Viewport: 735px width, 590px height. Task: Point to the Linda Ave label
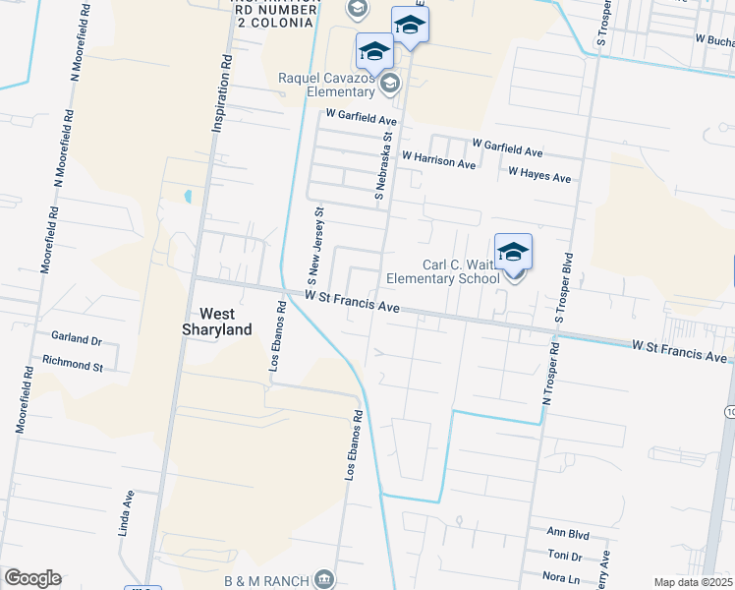pyautogui.click(x=127, y=509)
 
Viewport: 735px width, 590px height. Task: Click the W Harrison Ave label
pyautogui.click(x=438, y=160)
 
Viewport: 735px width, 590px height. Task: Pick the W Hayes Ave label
pyautogui.click(x=539, y=176)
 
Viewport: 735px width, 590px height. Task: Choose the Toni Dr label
pyautogui.click(x=565, y=555)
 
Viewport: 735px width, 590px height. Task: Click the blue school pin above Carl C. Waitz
pyautogui.click(x=513, y=254)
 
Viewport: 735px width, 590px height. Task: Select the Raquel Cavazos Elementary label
pyautogui.click(x=328, y=85)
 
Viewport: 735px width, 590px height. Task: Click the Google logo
pyautogui.click(x=32, y=578)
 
